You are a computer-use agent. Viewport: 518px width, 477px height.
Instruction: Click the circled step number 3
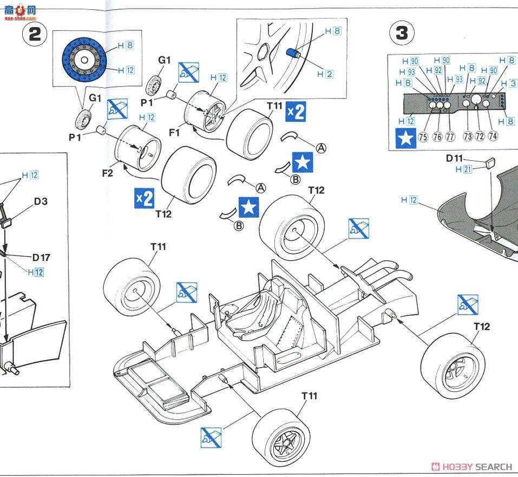pyautogui.click(x=402, y=33)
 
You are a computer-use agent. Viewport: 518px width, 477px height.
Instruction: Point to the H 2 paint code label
pyautogui.click(x=325, y=74)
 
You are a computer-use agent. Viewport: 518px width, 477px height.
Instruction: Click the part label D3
pyautogui.click(x=41, y=201)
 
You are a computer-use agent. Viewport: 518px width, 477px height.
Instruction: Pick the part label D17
pyautogui.click(x=41, y=258)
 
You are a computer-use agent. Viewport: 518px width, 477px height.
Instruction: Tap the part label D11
pyautogui.click(x=455, y=158)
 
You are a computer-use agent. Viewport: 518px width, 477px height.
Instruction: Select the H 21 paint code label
pyautogui.click(x=464, y=169)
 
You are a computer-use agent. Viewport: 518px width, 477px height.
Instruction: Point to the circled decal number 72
pyautogui.click(x=480, y=136)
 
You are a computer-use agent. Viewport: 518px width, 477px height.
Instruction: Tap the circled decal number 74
pyautogui.click(x=493, y=136)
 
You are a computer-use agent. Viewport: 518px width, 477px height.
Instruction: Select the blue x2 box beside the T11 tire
pyautogui.click(x=296, y=111)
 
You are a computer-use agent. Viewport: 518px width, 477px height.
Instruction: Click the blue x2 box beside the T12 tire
pyautogui.click(x=145, y=198)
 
